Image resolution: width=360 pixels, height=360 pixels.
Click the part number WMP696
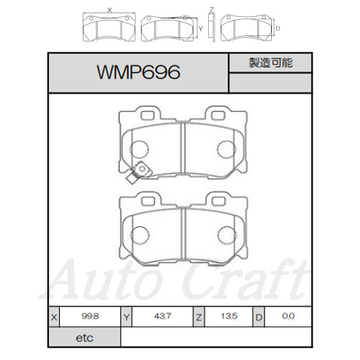point(139,72)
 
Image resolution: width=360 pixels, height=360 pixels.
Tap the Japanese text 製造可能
point(271,62)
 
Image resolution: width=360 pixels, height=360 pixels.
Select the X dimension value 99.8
point(90,316)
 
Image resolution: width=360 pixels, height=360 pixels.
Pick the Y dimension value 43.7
point(163,316)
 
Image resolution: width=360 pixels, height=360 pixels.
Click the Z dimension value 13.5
point(229,316)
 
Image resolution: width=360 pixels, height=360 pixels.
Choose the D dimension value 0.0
point(288,316)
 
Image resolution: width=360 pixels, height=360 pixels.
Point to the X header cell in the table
point(54,317)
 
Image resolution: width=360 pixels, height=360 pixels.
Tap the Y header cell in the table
point(127,317)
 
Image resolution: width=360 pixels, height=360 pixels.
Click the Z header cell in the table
point(199,317)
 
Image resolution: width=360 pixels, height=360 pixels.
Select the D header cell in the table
point(259,317)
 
